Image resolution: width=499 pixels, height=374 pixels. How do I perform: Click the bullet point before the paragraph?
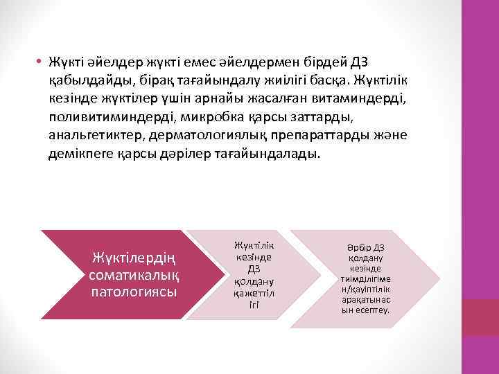coord(42,62)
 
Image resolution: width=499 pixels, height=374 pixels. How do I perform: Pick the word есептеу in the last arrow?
coord(376,310)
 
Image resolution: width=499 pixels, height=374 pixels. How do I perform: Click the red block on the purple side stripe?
coord(480,318)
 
